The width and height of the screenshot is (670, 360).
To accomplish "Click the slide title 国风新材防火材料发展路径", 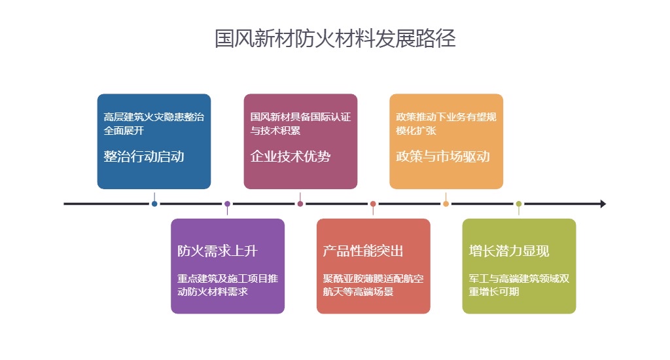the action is (335, 39).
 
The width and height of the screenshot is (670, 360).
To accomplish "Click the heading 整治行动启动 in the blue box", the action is (144, 156).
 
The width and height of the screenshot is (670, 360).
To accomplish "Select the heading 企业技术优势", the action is (291, 156).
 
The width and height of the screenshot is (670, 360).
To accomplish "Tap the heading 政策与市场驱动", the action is (443, 156).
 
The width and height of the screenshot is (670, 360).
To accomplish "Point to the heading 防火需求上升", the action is (217, 251).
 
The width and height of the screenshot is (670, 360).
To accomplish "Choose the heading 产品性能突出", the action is (363, 251).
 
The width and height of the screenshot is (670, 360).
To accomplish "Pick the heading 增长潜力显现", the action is (509, 251).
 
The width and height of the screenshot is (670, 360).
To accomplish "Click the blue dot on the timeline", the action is (154, 204).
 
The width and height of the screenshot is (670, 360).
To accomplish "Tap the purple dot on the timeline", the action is (227, 204).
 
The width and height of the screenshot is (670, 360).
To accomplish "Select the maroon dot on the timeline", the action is (300, 204).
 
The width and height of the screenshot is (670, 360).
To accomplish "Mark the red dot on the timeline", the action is (373, 204).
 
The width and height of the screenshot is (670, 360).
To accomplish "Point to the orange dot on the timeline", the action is (446, 204).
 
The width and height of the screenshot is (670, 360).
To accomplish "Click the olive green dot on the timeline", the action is (519, 204).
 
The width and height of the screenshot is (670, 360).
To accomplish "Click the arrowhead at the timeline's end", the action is (603, 204).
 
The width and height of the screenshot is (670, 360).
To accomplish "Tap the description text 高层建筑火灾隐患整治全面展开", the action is (154, 124).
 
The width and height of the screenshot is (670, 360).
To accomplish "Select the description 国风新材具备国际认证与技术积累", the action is (300, 124).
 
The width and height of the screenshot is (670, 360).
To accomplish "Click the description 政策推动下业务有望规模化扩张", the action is (446, 124).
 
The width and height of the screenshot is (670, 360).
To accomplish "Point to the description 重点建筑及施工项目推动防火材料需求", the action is (227, 285).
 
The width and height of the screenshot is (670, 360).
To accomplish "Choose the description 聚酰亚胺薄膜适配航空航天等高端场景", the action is (373, 285).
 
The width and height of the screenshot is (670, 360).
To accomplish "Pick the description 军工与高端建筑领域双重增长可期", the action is (519, 285).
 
